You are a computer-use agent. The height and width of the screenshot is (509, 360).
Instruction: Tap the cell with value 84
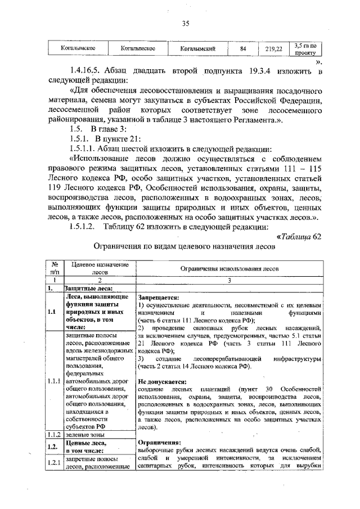coord(243,49)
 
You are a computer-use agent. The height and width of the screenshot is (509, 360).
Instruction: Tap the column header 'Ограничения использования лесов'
coord(229,269)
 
